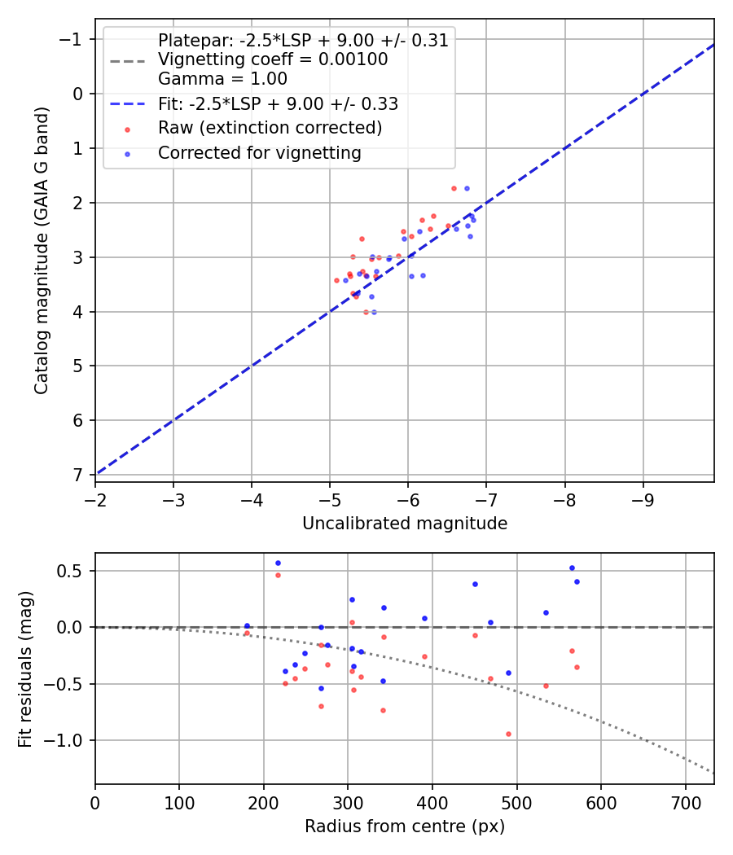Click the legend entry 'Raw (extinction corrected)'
tap(270, 129)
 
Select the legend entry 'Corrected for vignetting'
tap(260, 153)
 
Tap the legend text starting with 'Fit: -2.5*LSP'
tap(278, 104)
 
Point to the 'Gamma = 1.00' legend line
tap(222, 79)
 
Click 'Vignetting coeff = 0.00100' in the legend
tap(273, 59)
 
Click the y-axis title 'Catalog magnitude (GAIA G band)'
tap(42, 251)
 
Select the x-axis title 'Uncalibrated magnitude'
tap(405, 524)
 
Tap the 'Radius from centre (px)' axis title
tap(405, 826)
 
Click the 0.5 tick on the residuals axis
tap(73, 571)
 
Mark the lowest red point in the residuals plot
tap(508, 734)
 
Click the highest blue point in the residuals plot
tap(278, 563)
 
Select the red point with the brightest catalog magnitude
tap(454, 188)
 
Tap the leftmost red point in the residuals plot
tap(247, 633)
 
